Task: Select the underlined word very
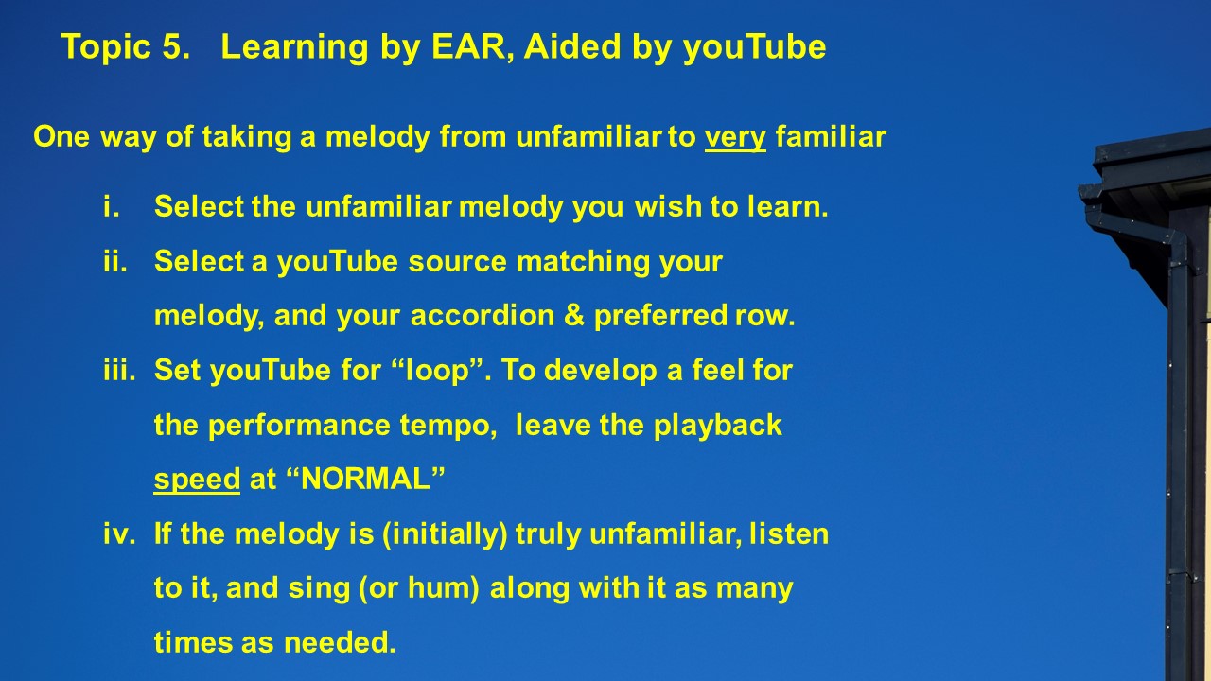pyautogui.click(x=735, y=137)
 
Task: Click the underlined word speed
pyautogui.click(x=197, y=480)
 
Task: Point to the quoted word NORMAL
pyautogui.click(x=365, y=479)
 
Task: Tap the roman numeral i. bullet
pyautogui.click(x=111, y=206)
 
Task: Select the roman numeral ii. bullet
pyautogui.click(x=115, y=261)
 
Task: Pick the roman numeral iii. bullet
pyautogui.click(x=119, y=370)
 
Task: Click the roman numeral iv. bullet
pyautogui.click(x=119, y=533)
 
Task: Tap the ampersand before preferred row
pyautogui.click(x=573, y=315)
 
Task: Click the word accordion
pyautogui.click(x=483, y=315)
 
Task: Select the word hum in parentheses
pyautogui.click(x=443, y=588)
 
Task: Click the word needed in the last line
pyautogui.click(x=340, y=642)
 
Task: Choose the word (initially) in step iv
pyautogui.click(x=445, y=534)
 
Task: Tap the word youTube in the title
pyautogui.click(x=755, y=47)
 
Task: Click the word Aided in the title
pyautogui.click(x=572, y=46)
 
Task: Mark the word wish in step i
pyautogui.click(x=668, y=206)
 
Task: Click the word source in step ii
pyautogui.click(x=457, y=262)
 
